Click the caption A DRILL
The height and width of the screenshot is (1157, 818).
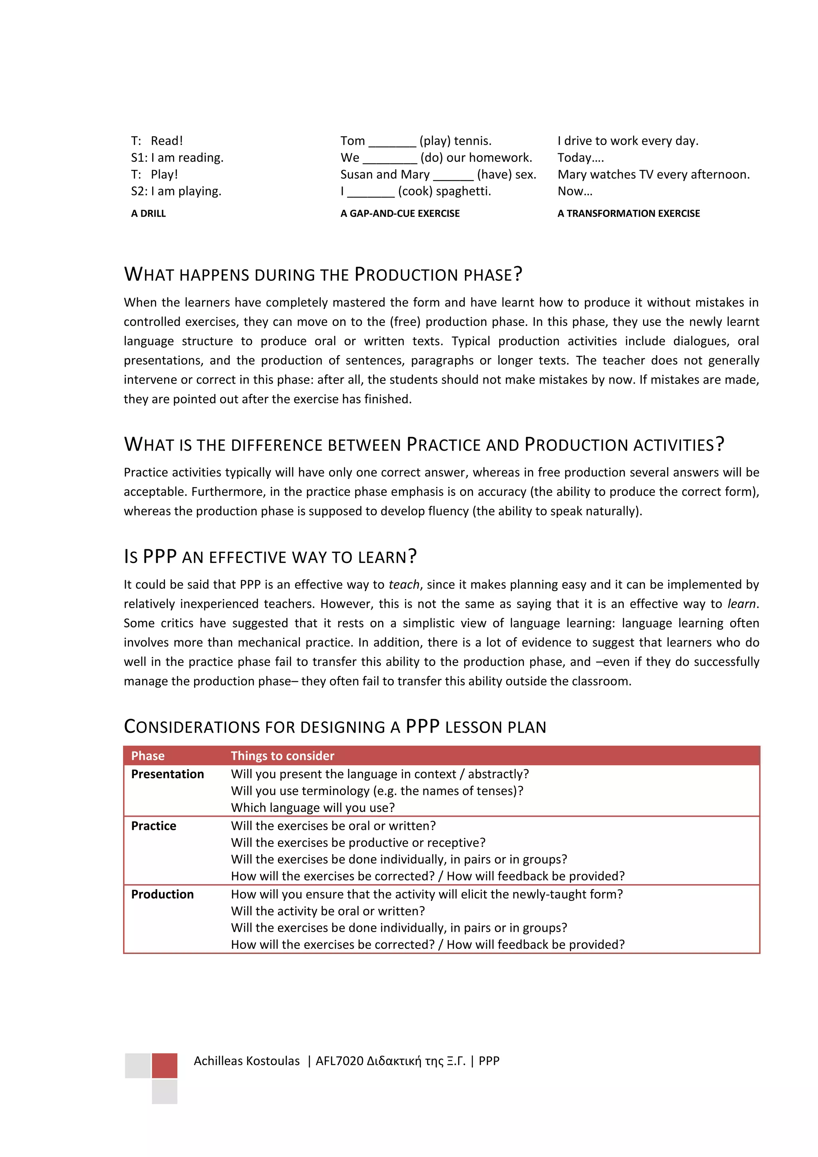point(148,213)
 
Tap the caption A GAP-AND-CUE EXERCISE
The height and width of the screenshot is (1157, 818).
point(399,213)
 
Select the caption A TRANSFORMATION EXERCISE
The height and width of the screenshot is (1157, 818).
point(628,213)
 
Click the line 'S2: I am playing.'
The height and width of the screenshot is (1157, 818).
point(176,191)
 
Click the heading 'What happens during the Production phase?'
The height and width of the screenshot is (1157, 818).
point(322,274)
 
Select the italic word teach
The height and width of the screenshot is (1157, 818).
point(403,584)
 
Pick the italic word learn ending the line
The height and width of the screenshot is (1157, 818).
point(741,604)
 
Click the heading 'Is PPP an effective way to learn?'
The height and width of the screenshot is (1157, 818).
point(270,557)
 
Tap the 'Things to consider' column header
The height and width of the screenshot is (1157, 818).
point(282,756)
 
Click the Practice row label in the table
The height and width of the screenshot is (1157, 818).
point(154,826)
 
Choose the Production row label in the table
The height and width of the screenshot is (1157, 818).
point(162,895)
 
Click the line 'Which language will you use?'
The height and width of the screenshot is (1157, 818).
point(312,808)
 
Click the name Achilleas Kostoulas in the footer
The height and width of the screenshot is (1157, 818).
point(246,1061)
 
